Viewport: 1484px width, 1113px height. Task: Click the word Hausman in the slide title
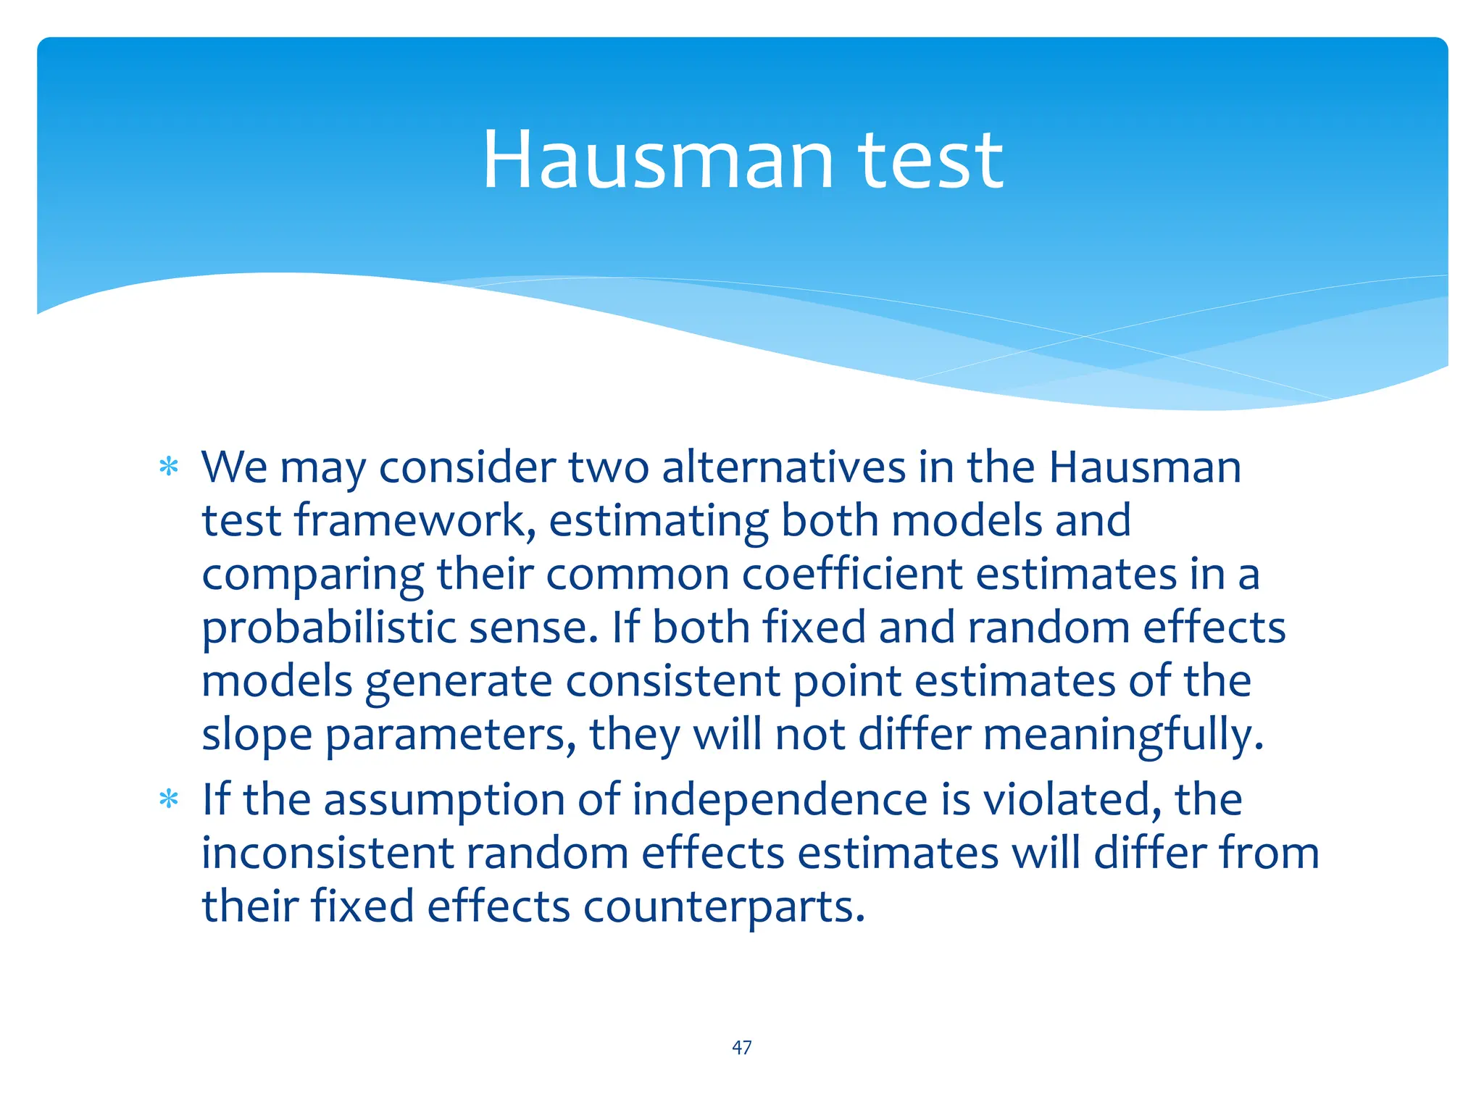(658, 161)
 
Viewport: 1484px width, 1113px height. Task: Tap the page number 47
(742, 1048)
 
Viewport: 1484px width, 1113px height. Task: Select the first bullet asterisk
(169, 467)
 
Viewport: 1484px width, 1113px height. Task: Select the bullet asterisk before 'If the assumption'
(169, 800)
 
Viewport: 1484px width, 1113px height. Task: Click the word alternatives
(783, 467)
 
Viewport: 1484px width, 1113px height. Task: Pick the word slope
(257, 735)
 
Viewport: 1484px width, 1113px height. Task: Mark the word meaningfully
(1123, 735)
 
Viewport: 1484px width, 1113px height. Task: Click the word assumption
(444, 800)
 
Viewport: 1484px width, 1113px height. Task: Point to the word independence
(780, 800)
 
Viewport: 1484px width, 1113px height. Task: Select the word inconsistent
(327, 854)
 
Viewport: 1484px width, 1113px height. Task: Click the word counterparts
(724, 907)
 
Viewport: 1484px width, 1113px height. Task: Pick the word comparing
(312, 575)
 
